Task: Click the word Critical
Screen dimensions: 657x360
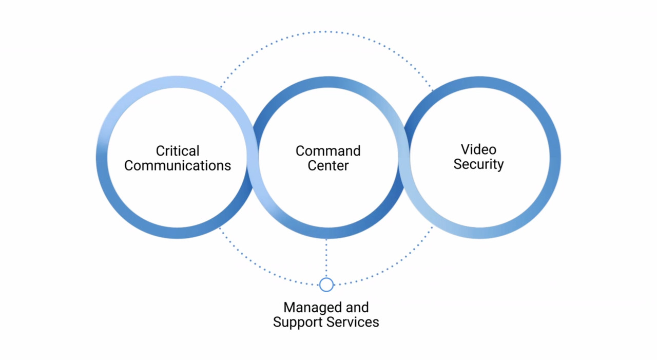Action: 178,151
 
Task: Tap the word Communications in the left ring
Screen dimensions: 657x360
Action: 178,165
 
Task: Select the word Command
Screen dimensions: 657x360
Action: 328,151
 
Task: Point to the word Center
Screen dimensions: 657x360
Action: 328,165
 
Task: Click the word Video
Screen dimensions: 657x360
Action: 478,149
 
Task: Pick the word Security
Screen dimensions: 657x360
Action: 478,164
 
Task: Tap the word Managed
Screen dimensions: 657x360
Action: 312,308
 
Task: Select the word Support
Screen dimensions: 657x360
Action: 298,323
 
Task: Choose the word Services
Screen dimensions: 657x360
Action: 353,322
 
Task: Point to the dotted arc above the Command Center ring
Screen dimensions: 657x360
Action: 326,31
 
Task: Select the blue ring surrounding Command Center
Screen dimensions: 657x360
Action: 328,233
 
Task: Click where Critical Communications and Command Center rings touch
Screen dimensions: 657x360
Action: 253,158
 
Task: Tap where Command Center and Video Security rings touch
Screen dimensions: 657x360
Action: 404,158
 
